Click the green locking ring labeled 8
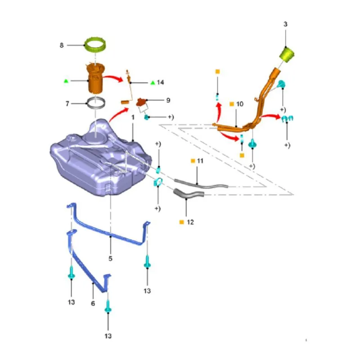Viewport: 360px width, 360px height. (x=95, y=45)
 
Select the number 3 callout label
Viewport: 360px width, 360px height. (x=285, y=24)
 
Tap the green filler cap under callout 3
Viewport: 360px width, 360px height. (x=287, y=54)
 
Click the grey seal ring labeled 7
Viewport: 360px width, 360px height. (x=96, y=103)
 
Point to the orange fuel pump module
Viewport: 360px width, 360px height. (x=95, y=78)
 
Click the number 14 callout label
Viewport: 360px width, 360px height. (x=160, y=82)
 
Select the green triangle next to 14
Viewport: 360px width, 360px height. (x=153, y=82)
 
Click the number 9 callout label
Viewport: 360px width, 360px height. (x=168, y=100)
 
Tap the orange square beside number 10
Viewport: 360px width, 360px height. (x=232, y=104)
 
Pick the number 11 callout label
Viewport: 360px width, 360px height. (x=200, y=161)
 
